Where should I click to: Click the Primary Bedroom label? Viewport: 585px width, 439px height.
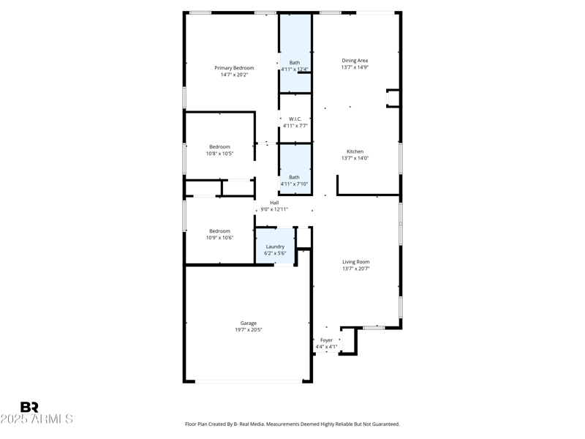click(x=234, y=68)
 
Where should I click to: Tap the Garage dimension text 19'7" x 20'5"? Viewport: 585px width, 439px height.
click(x=249, y=330)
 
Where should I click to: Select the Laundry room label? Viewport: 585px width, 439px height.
click(x=275, y=247)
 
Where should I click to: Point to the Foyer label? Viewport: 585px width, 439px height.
click(x=327, y=340)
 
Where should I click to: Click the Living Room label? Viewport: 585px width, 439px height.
click(x=356, y=262)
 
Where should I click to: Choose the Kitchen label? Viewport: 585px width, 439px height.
click(x=355, y=151)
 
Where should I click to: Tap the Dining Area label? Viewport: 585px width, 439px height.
click(x=355, y=61)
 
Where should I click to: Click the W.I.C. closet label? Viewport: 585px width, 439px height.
click(x=295, y=119)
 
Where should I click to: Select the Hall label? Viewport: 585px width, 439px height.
click(x=274, y=203)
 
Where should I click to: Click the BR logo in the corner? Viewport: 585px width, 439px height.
click(x=29, y=408)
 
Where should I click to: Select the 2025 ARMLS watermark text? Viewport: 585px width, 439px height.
click(x=37, y=419)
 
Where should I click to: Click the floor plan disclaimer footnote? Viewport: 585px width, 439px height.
click(x=292, y=424)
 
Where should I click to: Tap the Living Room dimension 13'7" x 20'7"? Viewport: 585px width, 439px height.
click(x=356, y=269)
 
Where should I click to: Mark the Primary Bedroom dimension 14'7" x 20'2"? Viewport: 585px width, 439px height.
click(x=235, y=75)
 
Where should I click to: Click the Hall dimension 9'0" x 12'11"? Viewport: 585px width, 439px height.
click(x=274, y=209)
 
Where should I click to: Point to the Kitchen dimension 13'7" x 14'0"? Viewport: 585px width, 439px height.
click(x=355, y=158)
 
